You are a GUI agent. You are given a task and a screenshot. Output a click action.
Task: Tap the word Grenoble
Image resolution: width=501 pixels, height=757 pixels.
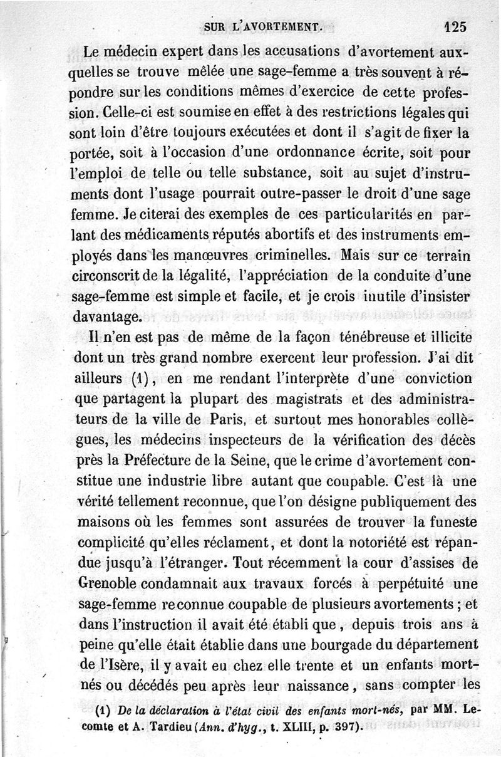(x=113, y=583)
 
